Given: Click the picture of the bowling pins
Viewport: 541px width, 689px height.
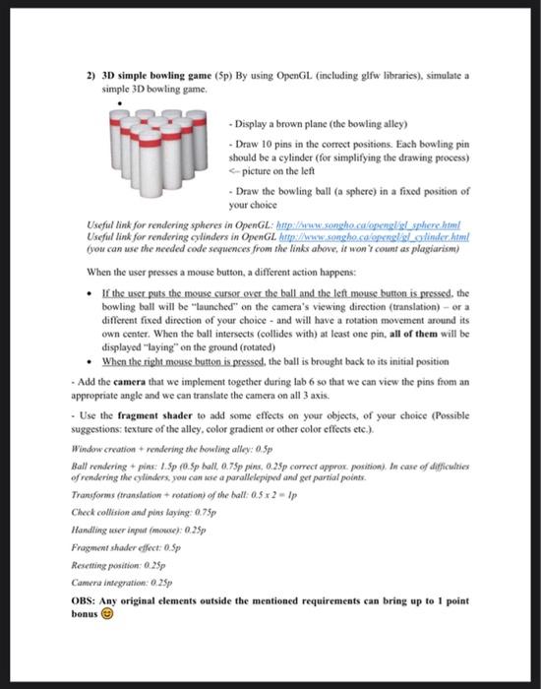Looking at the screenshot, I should [159, 149].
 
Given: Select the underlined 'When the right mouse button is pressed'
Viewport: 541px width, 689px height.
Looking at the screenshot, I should [187, 359].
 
